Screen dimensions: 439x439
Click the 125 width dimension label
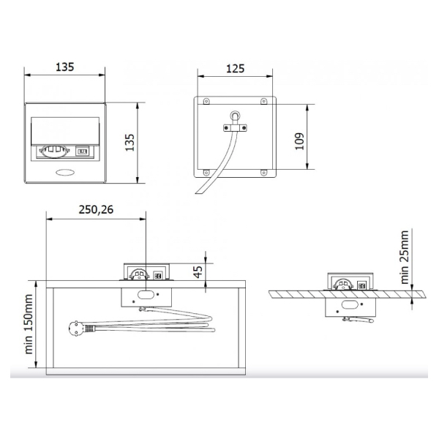pos(235,69)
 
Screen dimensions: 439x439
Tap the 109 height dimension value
pos(299,141)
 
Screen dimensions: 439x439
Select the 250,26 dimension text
pos(96,210)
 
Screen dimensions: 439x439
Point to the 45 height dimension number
pos(198,272)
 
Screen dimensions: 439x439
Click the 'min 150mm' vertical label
pos(29,324)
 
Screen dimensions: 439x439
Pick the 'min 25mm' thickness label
pos(405,257)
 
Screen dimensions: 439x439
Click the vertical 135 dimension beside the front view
pos(130,143)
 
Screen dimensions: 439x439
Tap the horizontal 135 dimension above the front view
pos(64,67)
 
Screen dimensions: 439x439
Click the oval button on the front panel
pos(65,173)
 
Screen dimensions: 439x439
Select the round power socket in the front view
pos(54,151)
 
